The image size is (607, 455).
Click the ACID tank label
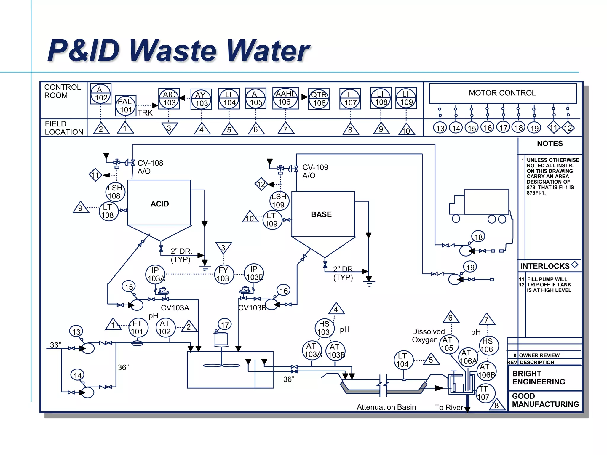point(159,204)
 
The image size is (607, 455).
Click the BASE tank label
point(321,214)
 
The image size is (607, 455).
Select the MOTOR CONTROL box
point(503,93)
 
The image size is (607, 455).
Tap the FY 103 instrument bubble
point(223,275)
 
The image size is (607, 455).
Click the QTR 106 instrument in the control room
point(319,99)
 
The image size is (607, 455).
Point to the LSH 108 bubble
point(115,192)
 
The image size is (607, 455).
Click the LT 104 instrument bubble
point(403,360)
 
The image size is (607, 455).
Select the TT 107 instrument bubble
point(484,393)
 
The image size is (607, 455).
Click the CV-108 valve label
point(150,163)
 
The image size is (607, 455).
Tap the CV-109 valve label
point(315,167)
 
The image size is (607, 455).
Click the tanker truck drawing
point(480,206)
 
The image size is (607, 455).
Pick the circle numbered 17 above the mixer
point(225,325)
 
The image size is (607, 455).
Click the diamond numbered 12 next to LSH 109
point(261,185)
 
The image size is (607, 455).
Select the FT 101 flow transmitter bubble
point(138,327)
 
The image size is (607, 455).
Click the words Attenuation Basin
point(386,407)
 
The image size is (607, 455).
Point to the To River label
point(448,407)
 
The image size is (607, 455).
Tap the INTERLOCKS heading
point(545,266)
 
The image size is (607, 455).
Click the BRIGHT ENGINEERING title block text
point(538,378)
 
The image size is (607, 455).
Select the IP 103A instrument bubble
point(155,274)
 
